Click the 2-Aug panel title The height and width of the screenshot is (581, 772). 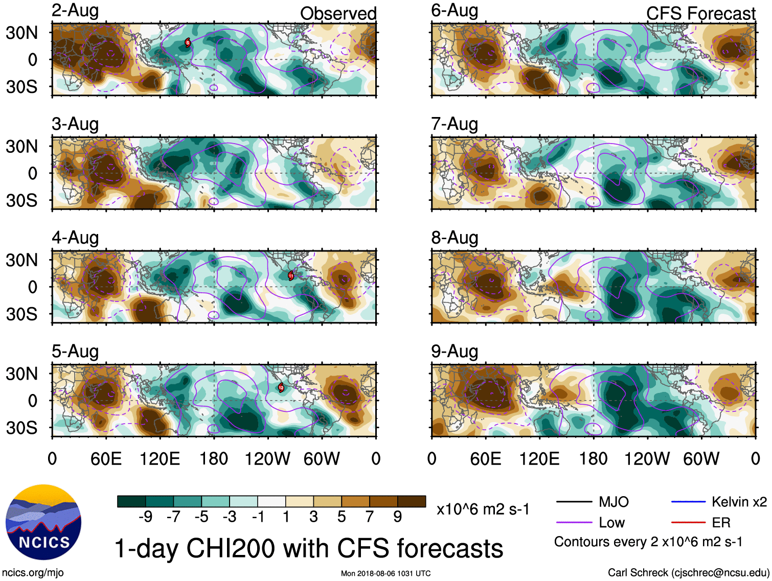(x=75, y=11)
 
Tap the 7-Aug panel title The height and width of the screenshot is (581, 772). (x=455, y=124)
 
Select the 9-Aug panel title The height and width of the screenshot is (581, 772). (x=455, y=352)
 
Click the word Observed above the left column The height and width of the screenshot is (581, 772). (x=338, y=14)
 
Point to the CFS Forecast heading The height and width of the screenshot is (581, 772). (x=700, y=14)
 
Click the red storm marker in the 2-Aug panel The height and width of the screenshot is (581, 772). (x=188, y=43)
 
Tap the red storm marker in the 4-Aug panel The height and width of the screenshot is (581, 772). (x=291, y=276)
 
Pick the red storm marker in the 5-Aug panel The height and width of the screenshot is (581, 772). (x=281, y=387)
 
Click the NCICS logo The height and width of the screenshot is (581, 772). (x=43, y=522)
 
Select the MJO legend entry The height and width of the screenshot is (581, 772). (x=593, y=502)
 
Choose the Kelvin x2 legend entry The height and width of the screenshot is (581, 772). (x=719, y=502)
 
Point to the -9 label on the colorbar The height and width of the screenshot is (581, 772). (x=145, y=517)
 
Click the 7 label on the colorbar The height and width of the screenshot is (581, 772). (x=370, y=517)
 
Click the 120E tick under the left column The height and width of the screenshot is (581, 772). (x=160, y=458)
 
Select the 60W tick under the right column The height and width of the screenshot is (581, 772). (x=701, y=458)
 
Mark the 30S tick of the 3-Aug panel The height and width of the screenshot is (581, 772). (x=22, y=200)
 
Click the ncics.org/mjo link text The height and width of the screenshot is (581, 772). (x=33, y=573)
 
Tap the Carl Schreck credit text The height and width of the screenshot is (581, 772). (x=688, y=573)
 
